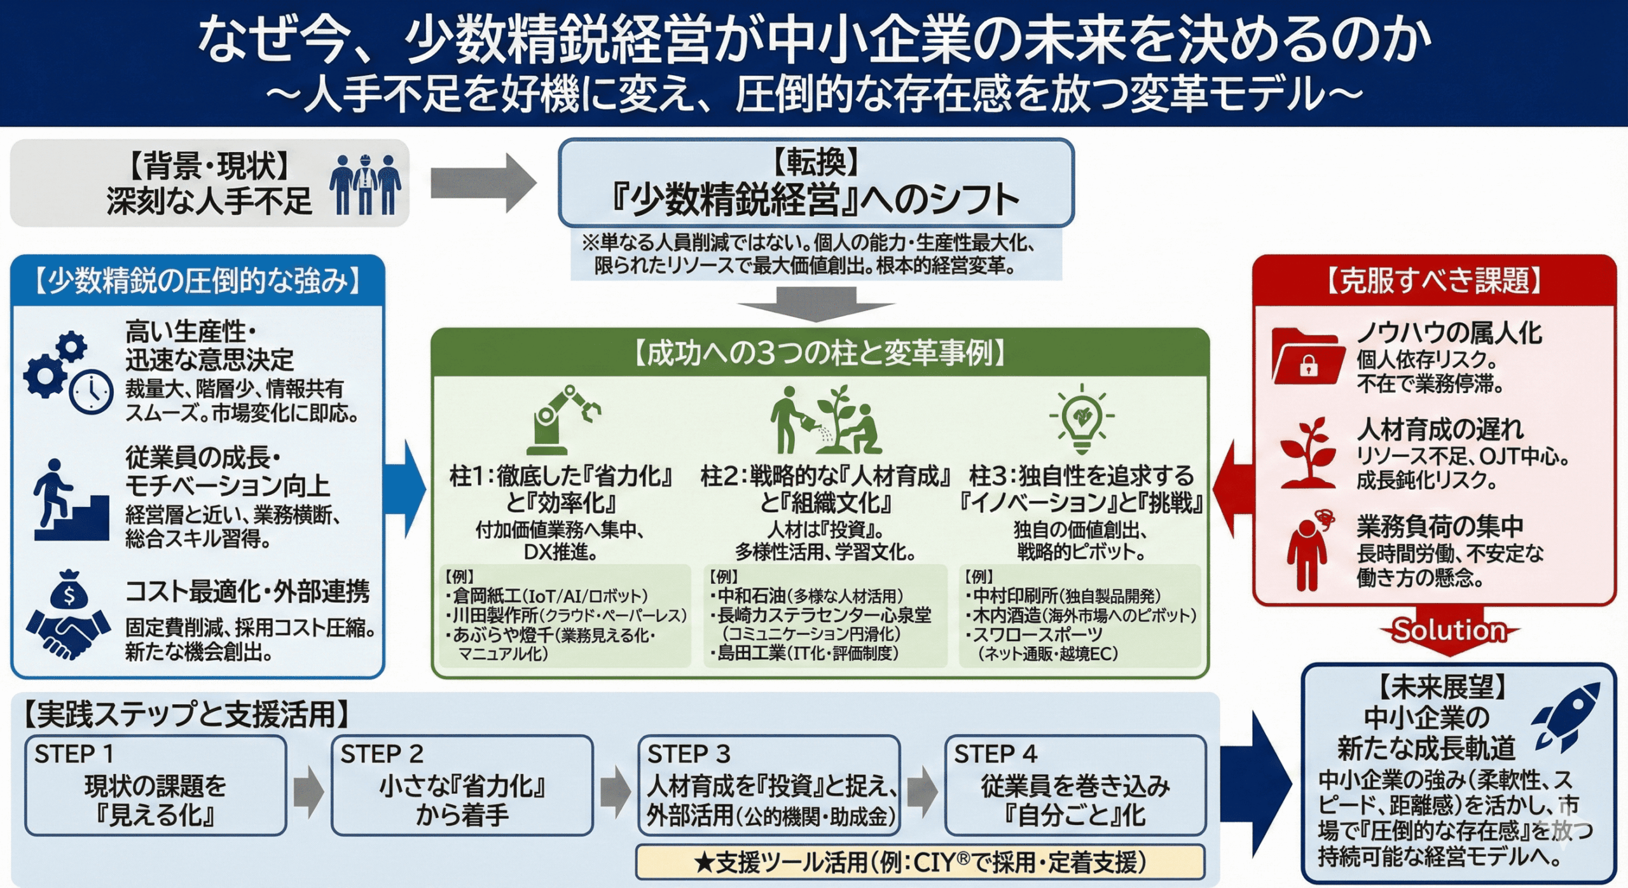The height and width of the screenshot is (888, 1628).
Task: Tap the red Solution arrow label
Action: [x=1449, y=630]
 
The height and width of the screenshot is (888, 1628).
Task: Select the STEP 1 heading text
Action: [x=74, y=754]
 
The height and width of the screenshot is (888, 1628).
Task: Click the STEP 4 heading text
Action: [x=995, y=754]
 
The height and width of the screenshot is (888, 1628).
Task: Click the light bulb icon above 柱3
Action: [x=1081, y=418]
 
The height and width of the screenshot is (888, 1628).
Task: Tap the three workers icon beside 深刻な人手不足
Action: [x=365, y=184]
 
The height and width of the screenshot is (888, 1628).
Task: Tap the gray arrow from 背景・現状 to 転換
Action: [x=483, y=183]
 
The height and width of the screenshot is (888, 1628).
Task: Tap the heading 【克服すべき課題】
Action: [x=1434, y=281]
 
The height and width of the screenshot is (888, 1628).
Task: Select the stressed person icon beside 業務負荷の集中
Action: [x=1307, y=551]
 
